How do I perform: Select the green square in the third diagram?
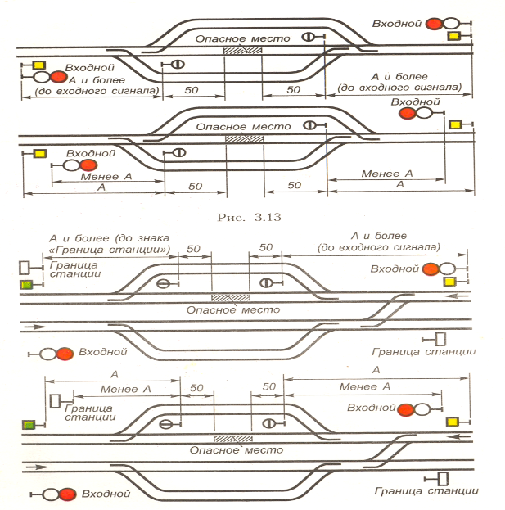click(x=26, y=285)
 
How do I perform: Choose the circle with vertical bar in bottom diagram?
click(x=266, y=423)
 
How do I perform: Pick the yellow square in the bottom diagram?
click(x=452, y=421)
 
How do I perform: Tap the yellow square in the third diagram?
click(x=449, y=282)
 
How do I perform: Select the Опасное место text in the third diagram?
click(x=233, y=309)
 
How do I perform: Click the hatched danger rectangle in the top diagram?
click(x=244, y=51)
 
